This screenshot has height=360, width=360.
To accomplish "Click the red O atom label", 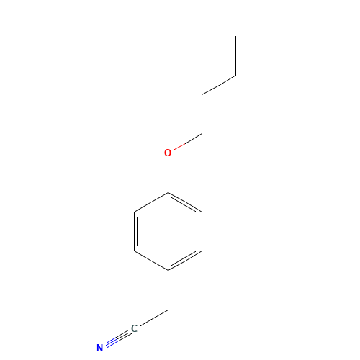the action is [x=168, y=153].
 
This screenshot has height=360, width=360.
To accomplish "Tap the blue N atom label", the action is [x=100, y=348].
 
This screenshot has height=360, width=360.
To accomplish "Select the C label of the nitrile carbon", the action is [x=134, y=328].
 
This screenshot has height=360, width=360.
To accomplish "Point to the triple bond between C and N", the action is [x=118, y=338].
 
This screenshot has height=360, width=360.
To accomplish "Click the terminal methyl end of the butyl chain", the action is [x=235, y=36].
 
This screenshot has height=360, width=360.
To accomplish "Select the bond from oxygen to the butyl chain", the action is [x=188, y=142].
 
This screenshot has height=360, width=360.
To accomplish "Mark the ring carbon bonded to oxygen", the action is [x=168, y=192].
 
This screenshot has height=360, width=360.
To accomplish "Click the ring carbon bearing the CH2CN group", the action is [x=168, y=271].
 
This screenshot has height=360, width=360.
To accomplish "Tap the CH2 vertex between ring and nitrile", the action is [x=168, y=310].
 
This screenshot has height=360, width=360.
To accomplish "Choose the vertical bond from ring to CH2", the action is [x=168, y=290].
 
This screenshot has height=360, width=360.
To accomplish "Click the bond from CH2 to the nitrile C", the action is [x=154, y=318].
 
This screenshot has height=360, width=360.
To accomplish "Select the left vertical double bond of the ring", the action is [x=135, y=231].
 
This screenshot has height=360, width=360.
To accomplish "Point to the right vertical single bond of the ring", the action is [x=202, y=231].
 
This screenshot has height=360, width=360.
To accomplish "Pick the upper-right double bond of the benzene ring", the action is [x=184, y=203].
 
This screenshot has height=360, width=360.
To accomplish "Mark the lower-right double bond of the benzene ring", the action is [x=184, y=260].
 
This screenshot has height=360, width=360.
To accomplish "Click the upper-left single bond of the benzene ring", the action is [x=151, y=202].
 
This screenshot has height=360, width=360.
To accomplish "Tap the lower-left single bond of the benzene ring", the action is [x=151, y=261].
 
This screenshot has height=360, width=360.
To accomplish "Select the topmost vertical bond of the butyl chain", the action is [x=235, y=56].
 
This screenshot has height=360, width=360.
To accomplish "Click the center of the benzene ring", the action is [x=168, y=231].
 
